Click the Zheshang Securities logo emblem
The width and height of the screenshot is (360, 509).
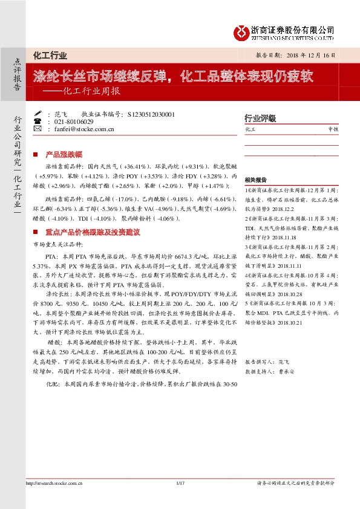[x=241, y=32]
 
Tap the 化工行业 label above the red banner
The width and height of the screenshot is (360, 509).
[x=50, y=56]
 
